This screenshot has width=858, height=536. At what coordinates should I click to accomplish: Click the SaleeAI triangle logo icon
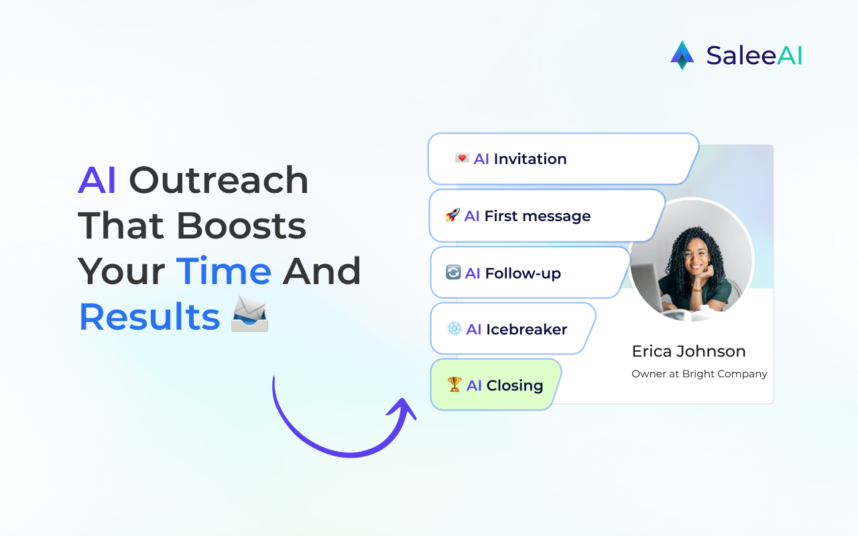682,55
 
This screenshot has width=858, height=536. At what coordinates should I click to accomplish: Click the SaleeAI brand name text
754,56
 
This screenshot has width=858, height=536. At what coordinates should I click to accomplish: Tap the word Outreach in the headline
219,180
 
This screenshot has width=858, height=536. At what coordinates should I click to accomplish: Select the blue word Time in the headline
224,271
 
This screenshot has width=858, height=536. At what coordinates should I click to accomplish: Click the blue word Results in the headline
149,317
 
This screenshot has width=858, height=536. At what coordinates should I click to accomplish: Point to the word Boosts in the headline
241,226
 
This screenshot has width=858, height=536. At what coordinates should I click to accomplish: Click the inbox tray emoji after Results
249,315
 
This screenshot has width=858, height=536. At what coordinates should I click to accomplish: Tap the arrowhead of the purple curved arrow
404,409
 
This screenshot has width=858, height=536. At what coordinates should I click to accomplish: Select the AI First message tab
546,216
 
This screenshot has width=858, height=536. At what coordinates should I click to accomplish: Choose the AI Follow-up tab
530,273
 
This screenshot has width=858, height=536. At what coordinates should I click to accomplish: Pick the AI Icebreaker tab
512,329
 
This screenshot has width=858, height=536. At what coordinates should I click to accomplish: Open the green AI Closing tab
495,385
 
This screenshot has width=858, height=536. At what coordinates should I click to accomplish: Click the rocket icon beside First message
452,216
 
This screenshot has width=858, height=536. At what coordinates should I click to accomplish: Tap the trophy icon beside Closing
455,385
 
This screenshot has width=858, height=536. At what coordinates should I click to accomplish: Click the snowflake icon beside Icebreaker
454,329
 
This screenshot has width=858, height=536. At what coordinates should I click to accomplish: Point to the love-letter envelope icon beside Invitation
462,158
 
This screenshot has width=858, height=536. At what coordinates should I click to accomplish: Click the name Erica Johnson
688,351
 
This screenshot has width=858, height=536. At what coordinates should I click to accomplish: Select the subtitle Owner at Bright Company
699,374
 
